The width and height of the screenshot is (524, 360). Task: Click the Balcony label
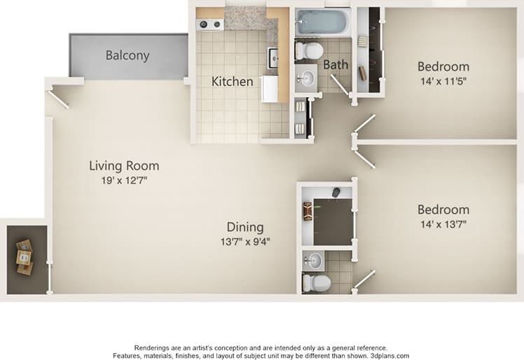[127, 55]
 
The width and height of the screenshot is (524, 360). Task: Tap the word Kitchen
[232, 81]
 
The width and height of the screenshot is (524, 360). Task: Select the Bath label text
[336, 64]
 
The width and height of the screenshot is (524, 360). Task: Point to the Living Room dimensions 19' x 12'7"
[123, 180]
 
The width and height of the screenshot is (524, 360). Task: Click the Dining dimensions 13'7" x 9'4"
[245, 242]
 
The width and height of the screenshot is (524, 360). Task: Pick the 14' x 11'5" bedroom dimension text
[443, 81]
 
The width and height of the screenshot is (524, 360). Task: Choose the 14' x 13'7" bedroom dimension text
[443, 224]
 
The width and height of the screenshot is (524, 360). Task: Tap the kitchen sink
[273, 57]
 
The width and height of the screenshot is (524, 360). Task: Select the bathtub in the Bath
[321, 22]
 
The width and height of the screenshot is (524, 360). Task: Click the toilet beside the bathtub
[308, 50]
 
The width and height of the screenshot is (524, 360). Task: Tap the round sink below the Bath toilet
[306, 76]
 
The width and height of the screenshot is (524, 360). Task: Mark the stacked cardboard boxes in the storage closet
[25, 257]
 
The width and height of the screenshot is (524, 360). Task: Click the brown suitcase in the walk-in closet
[308, 210]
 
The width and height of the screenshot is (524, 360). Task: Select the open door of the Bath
[341, 85]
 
